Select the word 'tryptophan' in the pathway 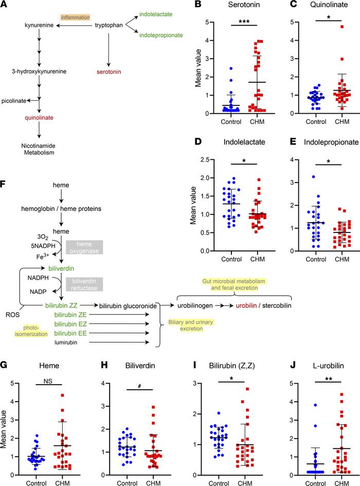click(109, 25)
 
